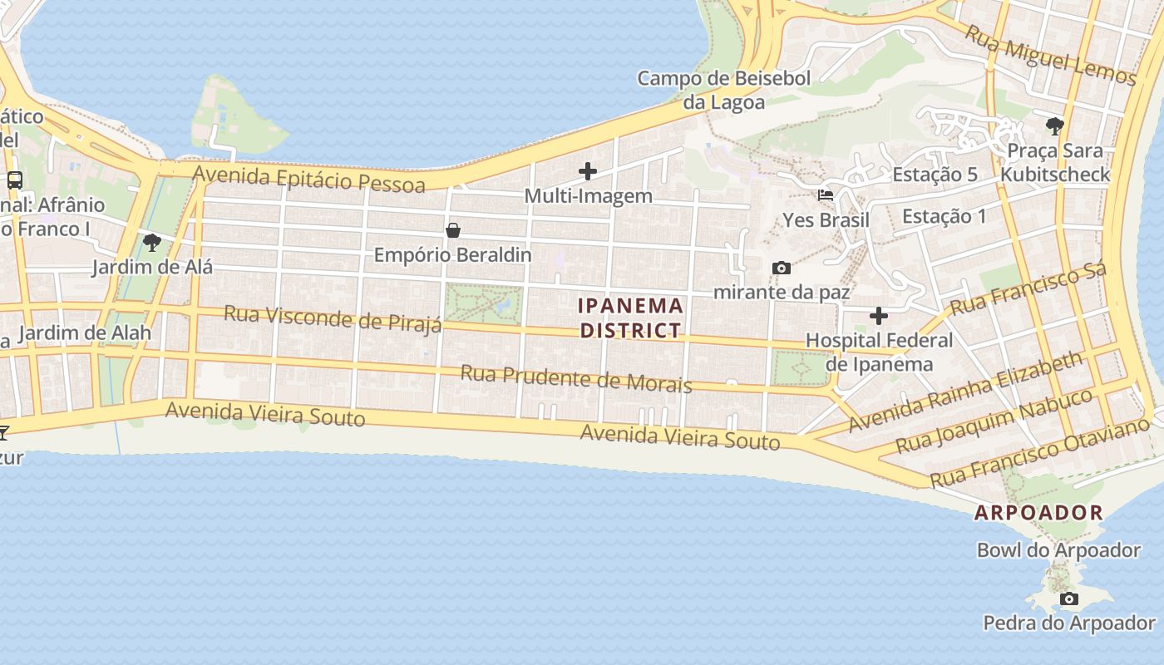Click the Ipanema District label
point(631,318)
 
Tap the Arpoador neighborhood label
point(1038,513)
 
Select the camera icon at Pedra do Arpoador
point(1069,598)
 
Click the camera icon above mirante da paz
point(781,268)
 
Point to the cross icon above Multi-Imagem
point(588,172)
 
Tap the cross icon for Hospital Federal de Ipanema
point(879,316)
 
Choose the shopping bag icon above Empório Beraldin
point(453,230)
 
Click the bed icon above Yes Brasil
point(826,196)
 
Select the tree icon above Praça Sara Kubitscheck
point(1055,126)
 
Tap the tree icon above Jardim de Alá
point(152,243)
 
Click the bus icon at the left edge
point(14,180)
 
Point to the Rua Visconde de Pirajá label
point(333,318)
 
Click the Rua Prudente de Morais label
point(576,378)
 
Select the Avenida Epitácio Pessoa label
point(309,178)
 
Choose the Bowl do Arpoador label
point(1058,550)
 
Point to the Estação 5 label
point(935,175)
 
